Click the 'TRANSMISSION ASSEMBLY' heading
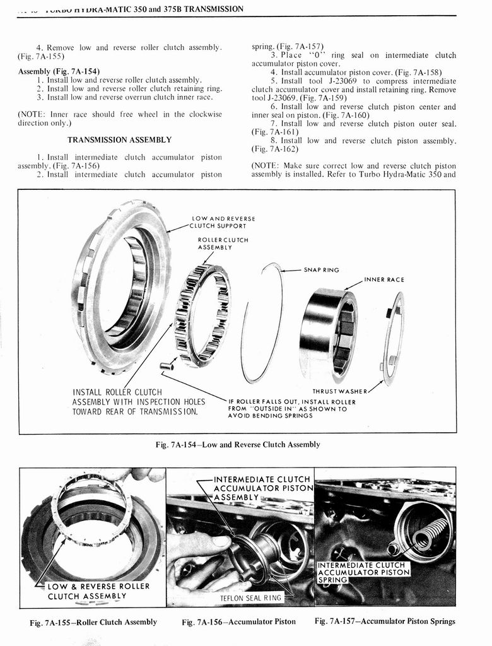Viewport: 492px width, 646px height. coord(120,140)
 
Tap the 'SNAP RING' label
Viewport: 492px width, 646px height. coord(321,270)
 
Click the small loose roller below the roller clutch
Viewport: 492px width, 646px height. coord(167,365)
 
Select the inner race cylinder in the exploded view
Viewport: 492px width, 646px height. coord(328,334)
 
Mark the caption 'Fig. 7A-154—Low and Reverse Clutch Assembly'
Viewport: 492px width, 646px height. coord(238,445)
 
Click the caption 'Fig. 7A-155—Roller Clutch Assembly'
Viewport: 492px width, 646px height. coord(93,622)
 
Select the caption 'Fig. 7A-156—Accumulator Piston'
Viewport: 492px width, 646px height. coord(238,622)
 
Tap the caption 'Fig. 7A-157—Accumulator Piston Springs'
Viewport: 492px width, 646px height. coord(385,621)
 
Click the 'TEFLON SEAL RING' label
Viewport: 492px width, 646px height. coord(249,597)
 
